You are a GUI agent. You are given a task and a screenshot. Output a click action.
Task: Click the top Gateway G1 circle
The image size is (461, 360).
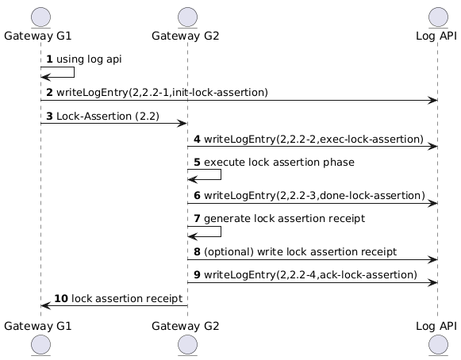41,17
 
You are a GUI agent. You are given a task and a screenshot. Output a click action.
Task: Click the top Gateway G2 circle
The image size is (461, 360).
187,17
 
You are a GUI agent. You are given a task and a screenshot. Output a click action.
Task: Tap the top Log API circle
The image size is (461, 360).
438,17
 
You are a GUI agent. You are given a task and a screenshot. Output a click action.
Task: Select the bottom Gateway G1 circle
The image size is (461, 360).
41,344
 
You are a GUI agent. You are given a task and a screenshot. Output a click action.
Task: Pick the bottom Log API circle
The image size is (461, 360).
438,344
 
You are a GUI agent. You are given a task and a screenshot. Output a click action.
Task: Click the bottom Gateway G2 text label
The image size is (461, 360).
186,326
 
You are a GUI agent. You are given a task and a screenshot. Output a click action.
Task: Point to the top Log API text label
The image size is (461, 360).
436,36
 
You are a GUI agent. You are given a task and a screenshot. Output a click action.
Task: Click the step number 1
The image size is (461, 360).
49,59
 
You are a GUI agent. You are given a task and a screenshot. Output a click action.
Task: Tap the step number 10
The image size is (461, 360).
61,299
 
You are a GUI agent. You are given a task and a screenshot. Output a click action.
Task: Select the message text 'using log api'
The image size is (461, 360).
89,59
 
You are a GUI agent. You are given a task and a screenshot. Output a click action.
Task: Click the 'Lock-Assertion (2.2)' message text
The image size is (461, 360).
108,117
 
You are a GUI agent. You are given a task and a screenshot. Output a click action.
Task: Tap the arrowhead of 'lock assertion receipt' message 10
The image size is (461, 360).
44,306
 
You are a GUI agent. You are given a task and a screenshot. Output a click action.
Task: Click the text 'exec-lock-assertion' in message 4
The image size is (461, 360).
370,139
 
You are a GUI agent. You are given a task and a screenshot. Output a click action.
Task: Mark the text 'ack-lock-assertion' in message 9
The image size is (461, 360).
367,275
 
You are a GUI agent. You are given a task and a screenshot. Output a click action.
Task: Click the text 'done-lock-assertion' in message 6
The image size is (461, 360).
371,195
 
